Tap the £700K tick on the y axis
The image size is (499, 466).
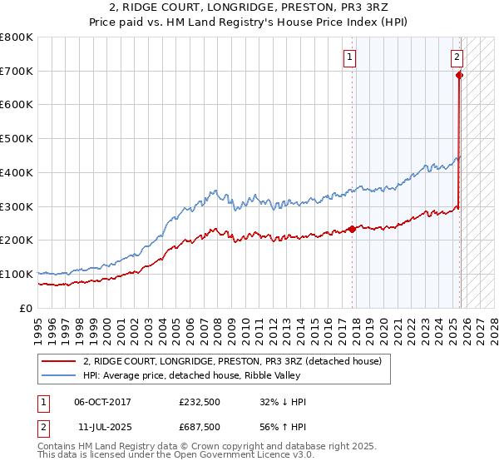17,72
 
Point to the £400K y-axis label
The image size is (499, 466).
17,173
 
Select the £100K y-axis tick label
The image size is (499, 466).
17,274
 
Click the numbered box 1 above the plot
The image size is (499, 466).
350,57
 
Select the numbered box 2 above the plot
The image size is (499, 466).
457,57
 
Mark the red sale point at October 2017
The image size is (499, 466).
352,229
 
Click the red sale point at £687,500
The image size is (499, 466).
459,75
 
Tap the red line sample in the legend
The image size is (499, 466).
59,361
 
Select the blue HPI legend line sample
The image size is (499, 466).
59,375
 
